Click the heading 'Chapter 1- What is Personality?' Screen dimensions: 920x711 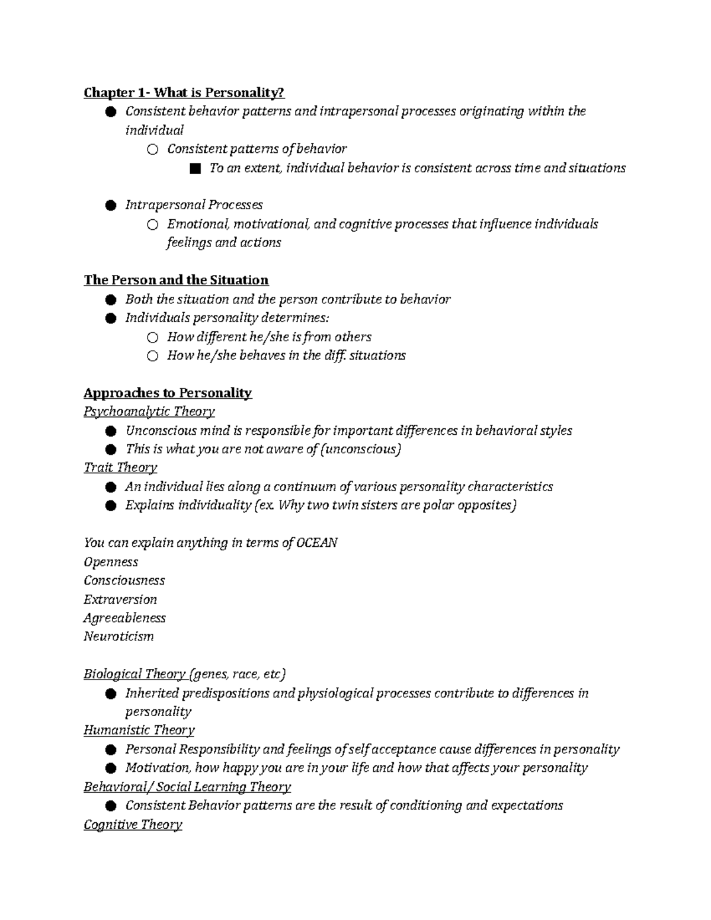tap(184, 92)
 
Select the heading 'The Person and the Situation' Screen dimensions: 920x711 tap(176, 280)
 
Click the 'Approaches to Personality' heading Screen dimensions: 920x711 tap(168, 393)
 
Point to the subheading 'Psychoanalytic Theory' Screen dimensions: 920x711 tap(149, 411)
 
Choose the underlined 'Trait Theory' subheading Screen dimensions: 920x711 tap(120, 467)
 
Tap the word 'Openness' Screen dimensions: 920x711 tap(111, 562)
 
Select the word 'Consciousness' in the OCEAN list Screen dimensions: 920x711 tap(124, 580)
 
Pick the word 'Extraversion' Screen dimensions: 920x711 tap(120, 599)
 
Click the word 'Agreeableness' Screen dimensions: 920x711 tap(124, 617)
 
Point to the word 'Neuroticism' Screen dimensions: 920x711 tap(118, 636)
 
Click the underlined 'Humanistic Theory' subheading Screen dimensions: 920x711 tap(139, 730)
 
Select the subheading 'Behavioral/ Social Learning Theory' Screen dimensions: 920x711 tap(187, 787)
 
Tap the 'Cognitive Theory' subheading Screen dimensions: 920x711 tap(133, 824)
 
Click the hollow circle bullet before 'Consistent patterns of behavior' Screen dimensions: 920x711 tap(153, 150)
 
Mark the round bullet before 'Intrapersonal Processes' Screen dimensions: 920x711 tap(110, 206)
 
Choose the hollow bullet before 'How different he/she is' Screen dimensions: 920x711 tap(153, 338)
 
